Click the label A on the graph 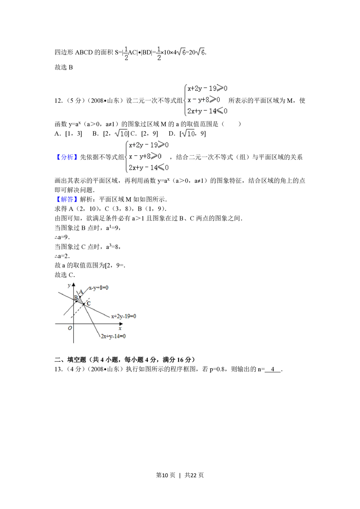click(81, 292)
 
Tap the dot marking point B click(77, 301)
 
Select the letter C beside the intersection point click(89, 303)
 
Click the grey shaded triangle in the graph click(80, 299)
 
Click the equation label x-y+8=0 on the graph click(99, 288)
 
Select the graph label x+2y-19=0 click(123, 316)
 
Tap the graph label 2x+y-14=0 click(113, 336)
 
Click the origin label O click(70, 328)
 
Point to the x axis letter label click(120, 328)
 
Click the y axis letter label click(69, 285)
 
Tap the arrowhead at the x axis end click(122, 324)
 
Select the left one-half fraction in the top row click(126, 53)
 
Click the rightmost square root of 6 click(199, 52)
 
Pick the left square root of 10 click(121, 133)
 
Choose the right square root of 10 click(188, 133)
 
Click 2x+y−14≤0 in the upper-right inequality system click(207, 111)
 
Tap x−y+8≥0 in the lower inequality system click(145, 156)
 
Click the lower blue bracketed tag click(67, 200)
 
